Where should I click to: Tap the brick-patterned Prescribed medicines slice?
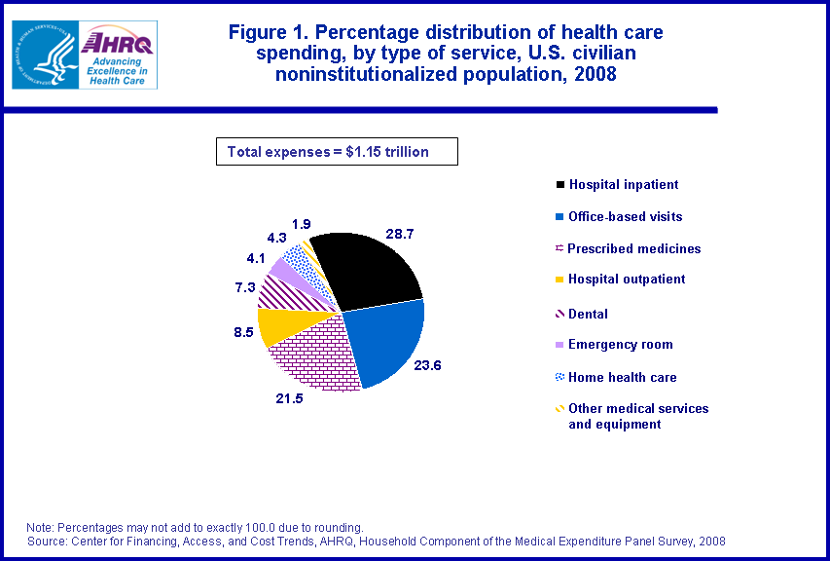click(x=311, y=355)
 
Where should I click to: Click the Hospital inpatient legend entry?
click(x=623, y=184)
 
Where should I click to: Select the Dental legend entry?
click(x=588, y=314)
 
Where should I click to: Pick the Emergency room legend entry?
click(x=620, y=344)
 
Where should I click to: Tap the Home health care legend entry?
click(x=622, y=377)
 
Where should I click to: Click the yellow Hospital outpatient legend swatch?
click(x=559, y=280)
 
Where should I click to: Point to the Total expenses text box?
click(x=336, y=151)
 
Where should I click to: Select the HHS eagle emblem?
click(x=44, y=54)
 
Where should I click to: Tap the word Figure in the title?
click(x=261, y=32)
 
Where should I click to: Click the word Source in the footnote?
click(x=51, y=541)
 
